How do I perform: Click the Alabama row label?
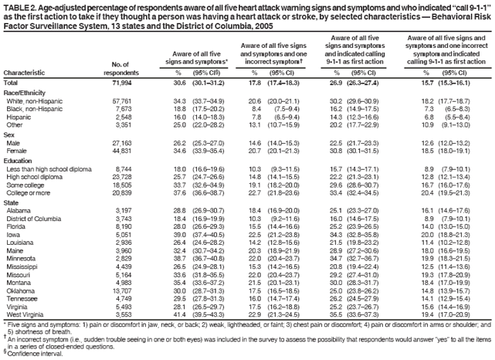point(19,209)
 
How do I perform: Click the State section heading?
point(13,201)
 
